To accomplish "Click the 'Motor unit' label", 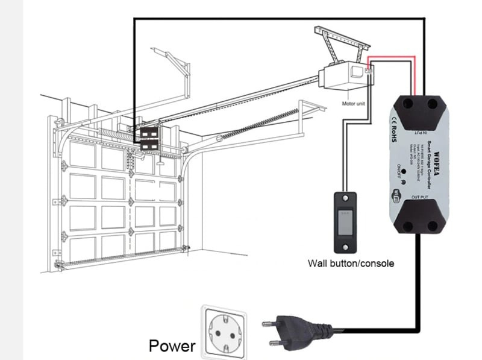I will pyautogui.click(x=354, y=104).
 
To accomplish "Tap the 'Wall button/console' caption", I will pyautogui.click(x=351, y=263).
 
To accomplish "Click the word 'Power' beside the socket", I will pyautogui.click(x=172, y=346).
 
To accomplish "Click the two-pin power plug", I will pyautogui.click(x=287, y=331).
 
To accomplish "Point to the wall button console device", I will pyautogui.click(x=346, y=222).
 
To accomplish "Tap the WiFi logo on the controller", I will pyautogui.click(x=398, y=195).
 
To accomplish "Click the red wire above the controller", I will pyautogui.click(x=392, y=58).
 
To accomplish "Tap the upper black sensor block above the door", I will pyautogui.click(x=148, y=132).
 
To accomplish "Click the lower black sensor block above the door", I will pyautogui.click(x=148, y=145).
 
